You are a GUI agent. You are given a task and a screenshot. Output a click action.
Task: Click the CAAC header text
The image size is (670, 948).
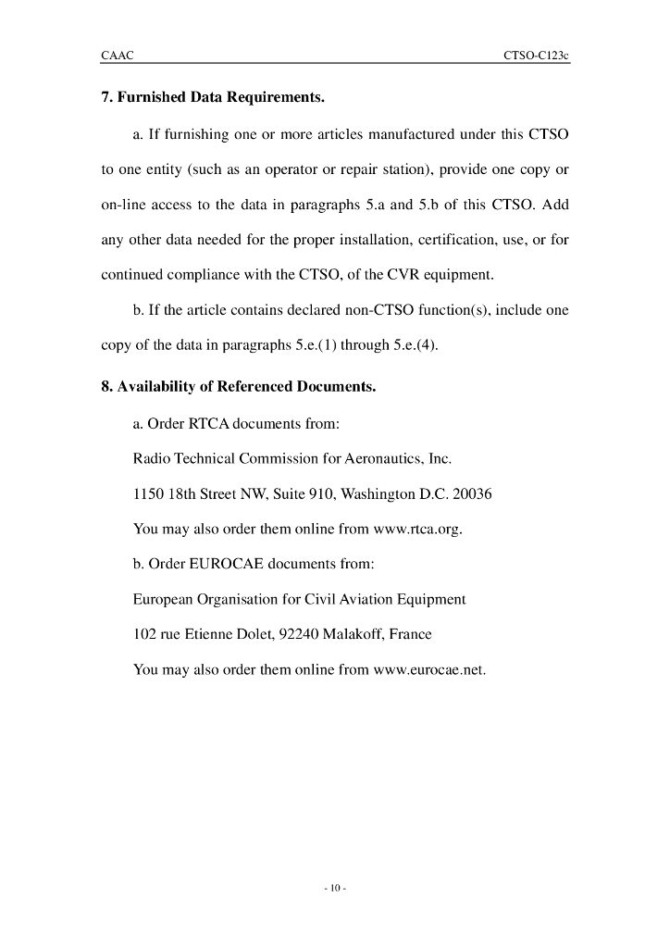click(x=117, y=56)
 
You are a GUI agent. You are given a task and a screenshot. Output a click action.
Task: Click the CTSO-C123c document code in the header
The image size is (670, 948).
click(x=536, y=56)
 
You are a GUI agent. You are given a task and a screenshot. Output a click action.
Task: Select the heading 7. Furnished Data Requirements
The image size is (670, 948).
click(x=213, y=96)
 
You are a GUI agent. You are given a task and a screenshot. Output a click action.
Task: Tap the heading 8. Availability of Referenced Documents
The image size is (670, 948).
click(x=238, y=386)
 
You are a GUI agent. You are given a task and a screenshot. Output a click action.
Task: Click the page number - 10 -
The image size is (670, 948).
click(x=335, y=889)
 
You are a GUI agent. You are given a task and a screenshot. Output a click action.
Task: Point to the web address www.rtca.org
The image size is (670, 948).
click(x=416, y=530)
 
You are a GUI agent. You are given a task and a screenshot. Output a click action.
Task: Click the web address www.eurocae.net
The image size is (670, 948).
click(x=428, y=669)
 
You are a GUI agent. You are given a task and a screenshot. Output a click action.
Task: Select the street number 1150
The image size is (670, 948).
click(x=149, y=494)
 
